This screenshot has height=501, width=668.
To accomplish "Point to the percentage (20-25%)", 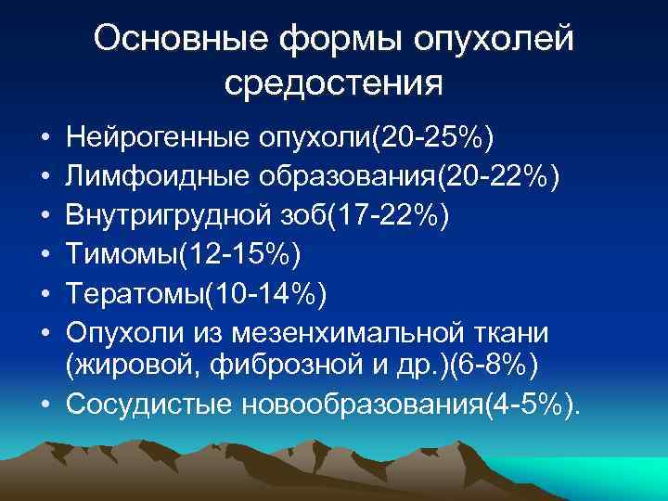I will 432,137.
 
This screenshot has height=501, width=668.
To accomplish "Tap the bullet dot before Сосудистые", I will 45,405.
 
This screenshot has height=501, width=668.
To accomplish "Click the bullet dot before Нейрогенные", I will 45,138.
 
